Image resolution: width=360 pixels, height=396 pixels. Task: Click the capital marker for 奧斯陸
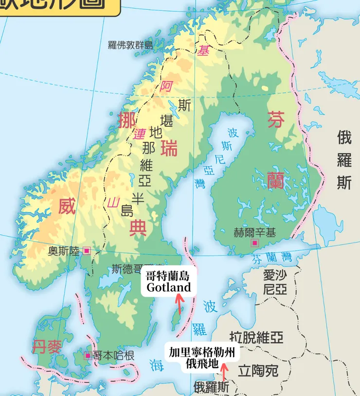(87, 251)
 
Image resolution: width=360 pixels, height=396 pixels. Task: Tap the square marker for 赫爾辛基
(254, 243)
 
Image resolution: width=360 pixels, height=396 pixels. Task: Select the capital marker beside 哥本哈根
(88, 356)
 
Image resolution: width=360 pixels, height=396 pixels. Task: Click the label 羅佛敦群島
(130, 45)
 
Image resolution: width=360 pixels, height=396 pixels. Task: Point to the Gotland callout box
(168, 282)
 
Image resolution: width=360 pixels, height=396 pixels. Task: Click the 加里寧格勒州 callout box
(202, 358)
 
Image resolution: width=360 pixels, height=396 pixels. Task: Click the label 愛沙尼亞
(275, 283)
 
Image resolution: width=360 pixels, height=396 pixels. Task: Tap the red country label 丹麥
(47, 347)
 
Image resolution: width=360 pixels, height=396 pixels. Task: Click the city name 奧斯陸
(63, 251)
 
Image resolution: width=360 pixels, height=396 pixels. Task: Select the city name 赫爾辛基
(254, 232)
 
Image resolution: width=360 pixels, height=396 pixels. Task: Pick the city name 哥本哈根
(113, 356)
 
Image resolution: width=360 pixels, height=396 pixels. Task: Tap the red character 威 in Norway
(67, 207)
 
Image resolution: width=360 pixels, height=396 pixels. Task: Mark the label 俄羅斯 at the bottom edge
(210, 387)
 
